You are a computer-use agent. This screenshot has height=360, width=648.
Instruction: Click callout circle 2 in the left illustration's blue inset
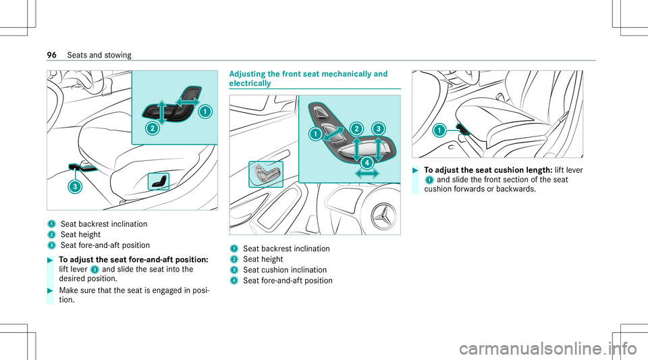pyautogui.click(x=153, y=128)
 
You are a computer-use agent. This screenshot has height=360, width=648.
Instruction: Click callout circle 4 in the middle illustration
pyautogui.click(x=367, y=162)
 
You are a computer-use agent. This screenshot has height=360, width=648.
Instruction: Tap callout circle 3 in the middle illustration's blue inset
pyautogui.click(x=378, y=128)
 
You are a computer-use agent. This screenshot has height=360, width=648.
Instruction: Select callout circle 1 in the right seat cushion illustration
pyautogui.click(x=439, y=129)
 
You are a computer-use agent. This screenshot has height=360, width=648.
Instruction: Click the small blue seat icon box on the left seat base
pyautogui.click(x=159, y=181)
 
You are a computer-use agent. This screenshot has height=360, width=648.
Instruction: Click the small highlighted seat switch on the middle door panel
pyautogui.click(x=266, y=174)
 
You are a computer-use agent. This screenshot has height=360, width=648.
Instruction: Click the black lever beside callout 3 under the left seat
pyautogui.click(x=83, y=167)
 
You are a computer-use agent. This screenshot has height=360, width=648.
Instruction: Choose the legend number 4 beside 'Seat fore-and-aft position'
pyautogui.click(x=234, y=280)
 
